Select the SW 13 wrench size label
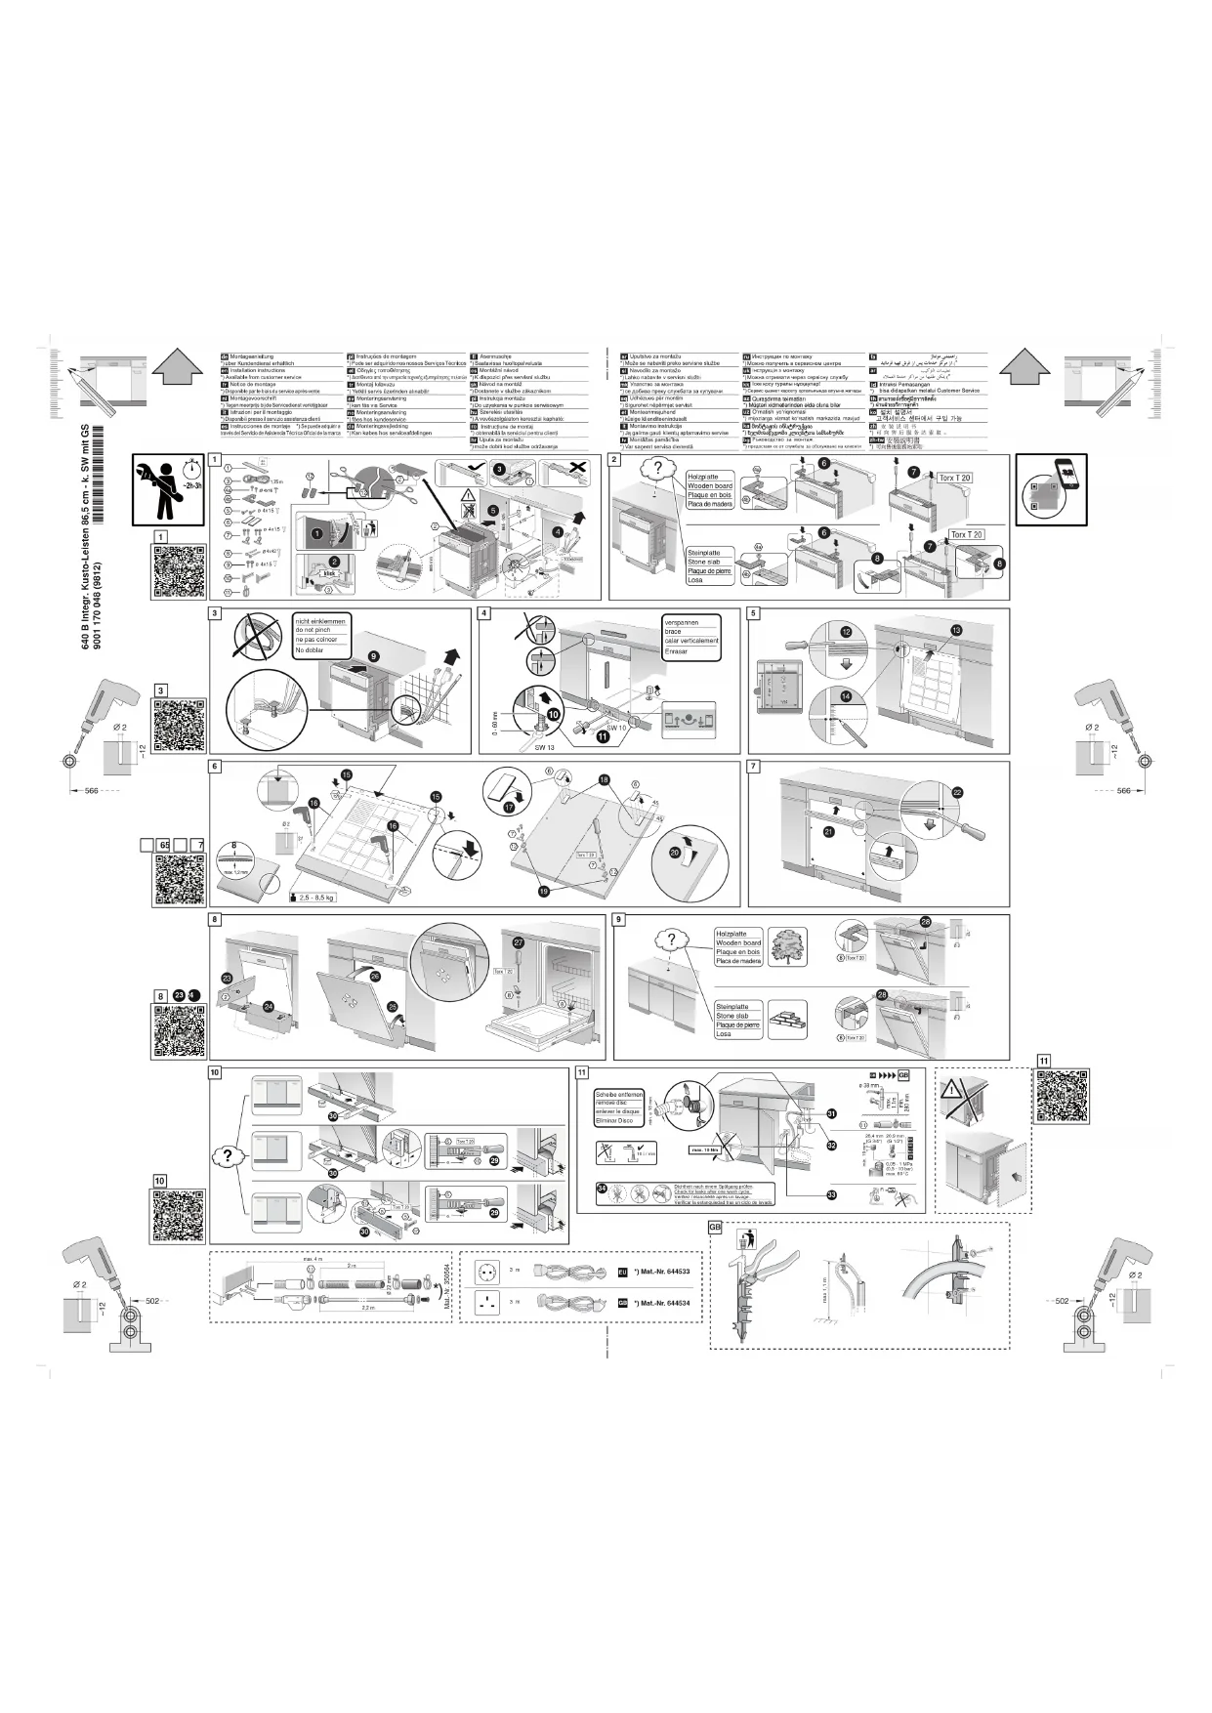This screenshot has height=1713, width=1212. pos(544,746)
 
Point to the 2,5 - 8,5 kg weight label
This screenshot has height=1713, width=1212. pos(317,897)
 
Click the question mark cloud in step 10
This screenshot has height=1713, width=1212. pos(228,1155)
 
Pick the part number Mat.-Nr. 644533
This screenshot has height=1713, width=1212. pos(662,1272)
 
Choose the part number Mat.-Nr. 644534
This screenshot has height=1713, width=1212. pos(662,1303)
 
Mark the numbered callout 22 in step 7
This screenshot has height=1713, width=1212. pos(957,792)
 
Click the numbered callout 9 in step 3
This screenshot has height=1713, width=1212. pos(373,656)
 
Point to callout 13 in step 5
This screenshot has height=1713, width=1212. pos(956,631)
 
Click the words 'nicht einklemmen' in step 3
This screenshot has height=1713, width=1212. pos(319,621)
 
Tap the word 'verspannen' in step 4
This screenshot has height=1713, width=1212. pos(682,622)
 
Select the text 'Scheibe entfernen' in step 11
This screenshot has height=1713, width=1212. pos(617,1095)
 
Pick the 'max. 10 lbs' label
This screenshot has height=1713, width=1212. pos(705,1149)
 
